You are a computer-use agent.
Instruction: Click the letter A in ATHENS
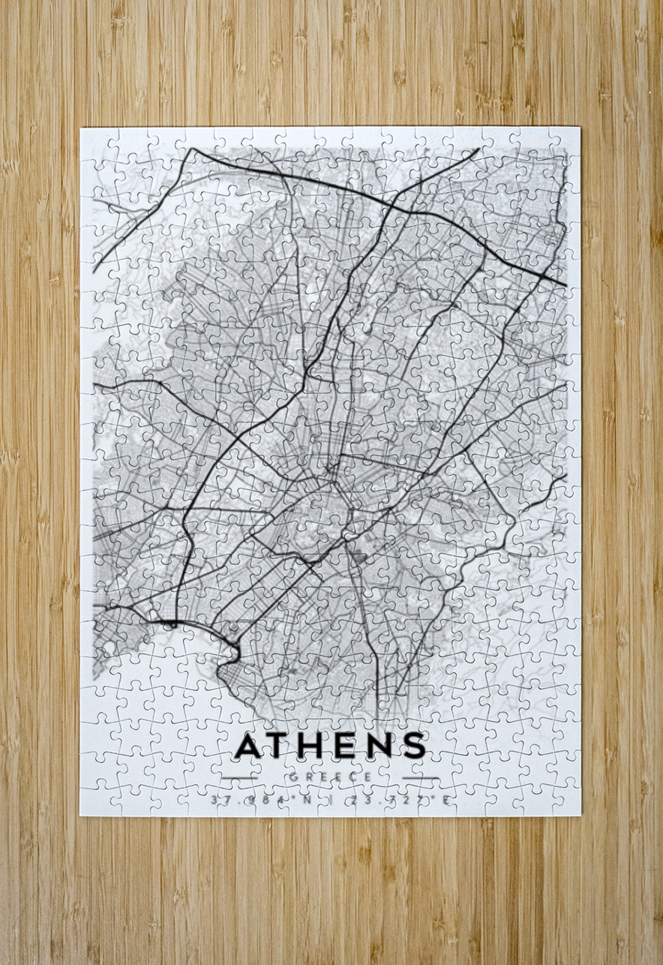(x=250, y=745)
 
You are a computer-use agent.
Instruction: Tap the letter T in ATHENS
(x=281, y=745)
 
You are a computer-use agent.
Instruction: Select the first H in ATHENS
(x=313, y=745)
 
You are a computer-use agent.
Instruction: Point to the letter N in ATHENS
(x=379, y=745)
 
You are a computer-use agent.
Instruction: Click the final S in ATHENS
(x=412, y=745)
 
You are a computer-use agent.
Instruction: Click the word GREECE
(x=330, y=777)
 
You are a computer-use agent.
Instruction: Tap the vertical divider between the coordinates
(x=331, y=800)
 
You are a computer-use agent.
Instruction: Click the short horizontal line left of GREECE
(x=239, y=777)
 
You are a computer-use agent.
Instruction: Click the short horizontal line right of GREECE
(x=421, y=777)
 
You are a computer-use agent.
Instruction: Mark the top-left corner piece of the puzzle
(x=94, y=141)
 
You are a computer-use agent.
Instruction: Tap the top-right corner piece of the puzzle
(x=567, y=141)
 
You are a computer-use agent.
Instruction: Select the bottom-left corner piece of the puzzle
(x=94, y=802)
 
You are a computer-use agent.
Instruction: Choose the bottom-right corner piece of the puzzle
(x=567, y=802)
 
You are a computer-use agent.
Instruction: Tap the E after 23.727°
(x=446, y=800)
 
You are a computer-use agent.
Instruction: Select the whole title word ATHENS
(x=330, y=745)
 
